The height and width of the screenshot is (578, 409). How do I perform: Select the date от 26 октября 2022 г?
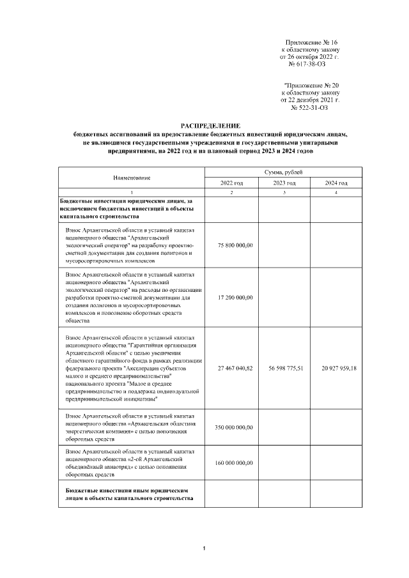[310, 57]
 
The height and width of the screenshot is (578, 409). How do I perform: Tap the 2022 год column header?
[231, 183]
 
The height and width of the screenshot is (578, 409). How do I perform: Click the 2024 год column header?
[336, 183]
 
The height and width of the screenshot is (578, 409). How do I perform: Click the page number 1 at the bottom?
[203, 549]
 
